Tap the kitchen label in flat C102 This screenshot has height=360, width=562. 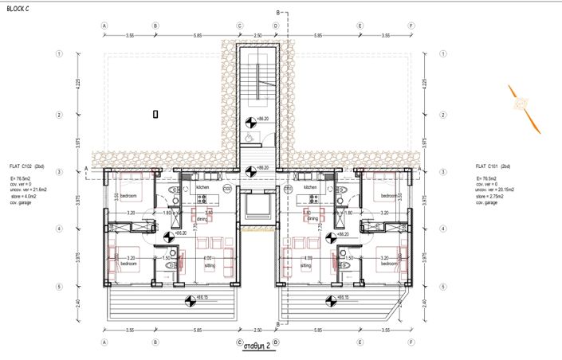click(202, 188)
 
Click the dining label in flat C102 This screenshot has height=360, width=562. click(202, 218)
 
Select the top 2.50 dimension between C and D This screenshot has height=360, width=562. click(257, 36)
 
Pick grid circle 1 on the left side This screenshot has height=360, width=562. click(58, 55)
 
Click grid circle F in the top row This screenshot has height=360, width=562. click(411, 25)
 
